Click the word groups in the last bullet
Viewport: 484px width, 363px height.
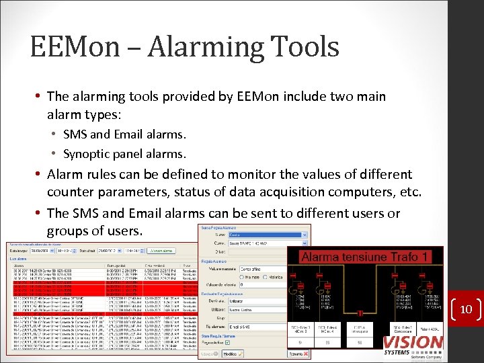point(67,231)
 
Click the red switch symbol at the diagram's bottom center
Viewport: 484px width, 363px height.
point(360,313)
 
